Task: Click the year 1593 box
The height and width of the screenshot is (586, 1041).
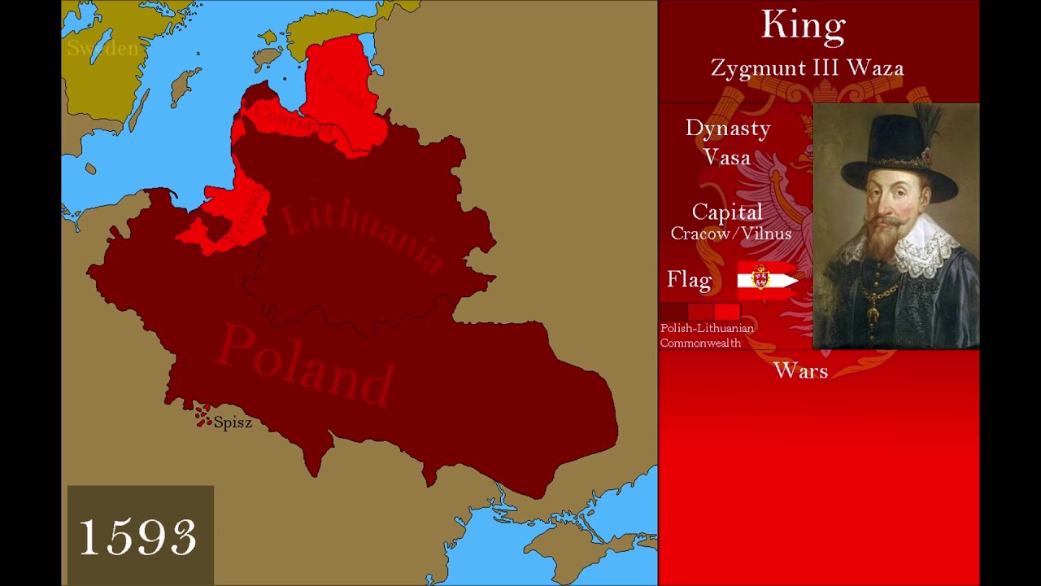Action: click(x=139, y=536)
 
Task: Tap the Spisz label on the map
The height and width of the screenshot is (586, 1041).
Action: click(x=233, y=422)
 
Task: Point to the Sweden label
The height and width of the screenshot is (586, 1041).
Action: click(x=102, y=48)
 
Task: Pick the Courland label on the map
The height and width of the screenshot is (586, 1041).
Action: click(x=292, y=121)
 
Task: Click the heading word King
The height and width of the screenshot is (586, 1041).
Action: click(x=804, y=25)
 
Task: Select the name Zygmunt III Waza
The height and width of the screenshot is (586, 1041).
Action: click(x=807, y=68)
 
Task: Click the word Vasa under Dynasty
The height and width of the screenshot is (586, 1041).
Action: click(x=726, y=157)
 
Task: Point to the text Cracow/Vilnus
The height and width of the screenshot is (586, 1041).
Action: click(x=730, y=234)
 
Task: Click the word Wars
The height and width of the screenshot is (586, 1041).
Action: click(x=801, y=371)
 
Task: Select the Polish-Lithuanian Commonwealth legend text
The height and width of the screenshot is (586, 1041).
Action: click(x=706, y=335)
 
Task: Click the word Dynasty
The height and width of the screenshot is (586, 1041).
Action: click(x=727, y=129)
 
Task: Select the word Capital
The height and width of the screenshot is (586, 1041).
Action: click(x=727, y=212)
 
